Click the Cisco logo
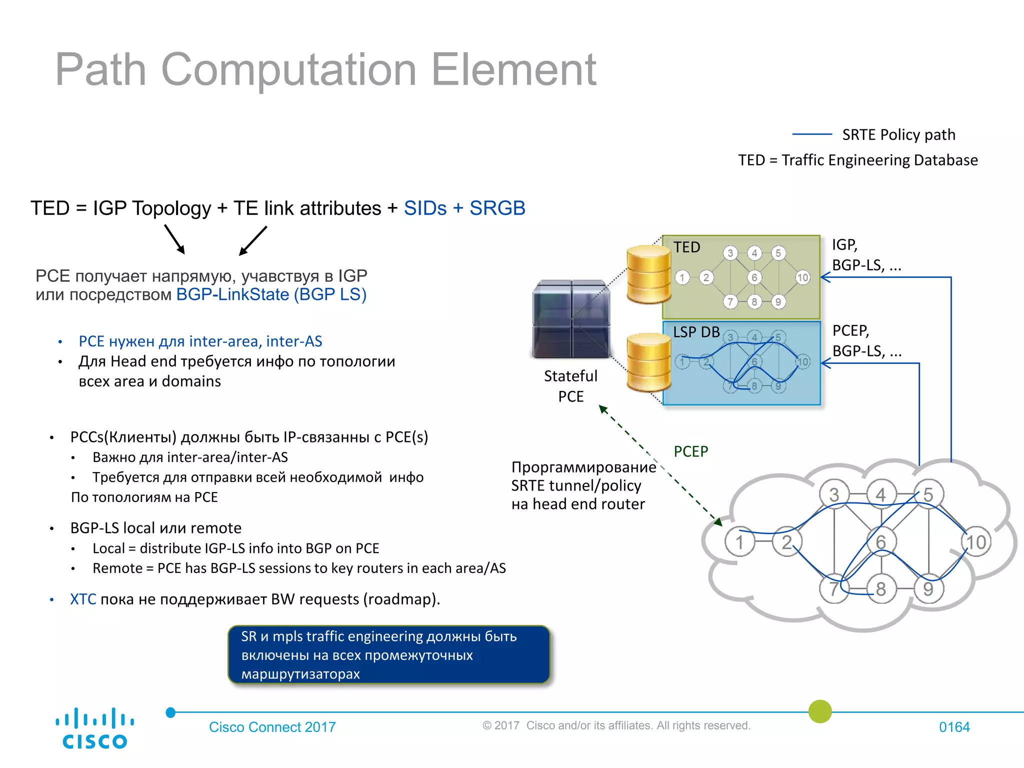pyautogui.click(x=94, y=728)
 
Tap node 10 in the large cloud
pyautogui.click(x=975, y=542)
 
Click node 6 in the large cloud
pyautogui.click(x=881, y=542)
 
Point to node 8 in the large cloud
pyautogui.click(x=881, y=589)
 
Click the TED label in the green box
pyautogui.click(x=686, y=247)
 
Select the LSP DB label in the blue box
pyautogui.click(x=696, y=332)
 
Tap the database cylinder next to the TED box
pyautogui.click(x=648, y=274)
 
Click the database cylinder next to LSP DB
pyautogui.click(x=648, y=362)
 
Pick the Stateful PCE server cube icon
pyautogui.click(x=571, y=319)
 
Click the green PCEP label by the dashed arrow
pyautogui.click(x=690, y=451)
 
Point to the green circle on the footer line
pyautogui.click(x=820, y=711)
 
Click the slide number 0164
pyautogui.click(x=954, y=727)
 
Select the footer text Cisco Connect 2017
pyautogui.click(x=272, y=727)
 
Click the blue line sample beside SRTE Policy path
pyautogui.click(x=812, y=134)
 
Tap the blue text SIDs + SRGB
pyautogui.click(x=464, y=208)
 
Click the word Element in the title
pyautogui.click(x=513, y=70)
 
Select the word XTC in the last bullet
pyautogui.click(x=83, y=599)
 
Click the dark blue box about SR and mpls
pyautogui.click(x=388, y=654)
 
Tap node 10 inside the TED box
pyautogui.click(x=802, y=277)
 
